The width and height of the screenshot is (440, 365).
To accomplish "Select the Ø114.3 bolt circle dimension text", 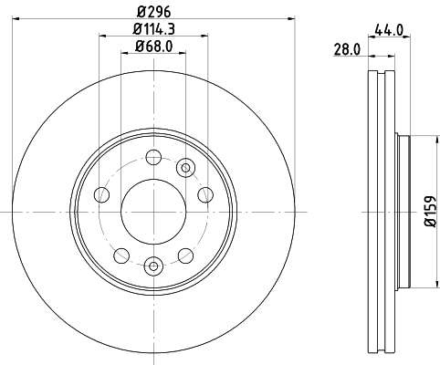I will tap(152, 30).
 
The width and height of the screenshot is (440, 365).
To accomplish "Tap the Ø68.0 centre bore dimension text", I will tap(152, 47).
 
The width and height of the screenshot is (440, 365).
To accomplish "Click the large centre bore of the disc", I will tap(152, 211).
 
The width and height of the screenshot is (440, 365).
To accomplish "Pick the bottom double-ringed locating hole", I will tap(152, 266).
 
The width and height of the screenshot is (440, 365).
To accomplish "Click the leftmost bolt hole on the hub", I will tap(101, 195).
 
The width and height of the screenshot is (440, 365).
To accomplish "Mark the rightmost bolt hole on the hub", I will tap(204, 194).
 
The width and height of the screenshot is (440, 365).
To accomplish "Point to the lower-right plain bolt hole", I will tap(186, 254).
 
